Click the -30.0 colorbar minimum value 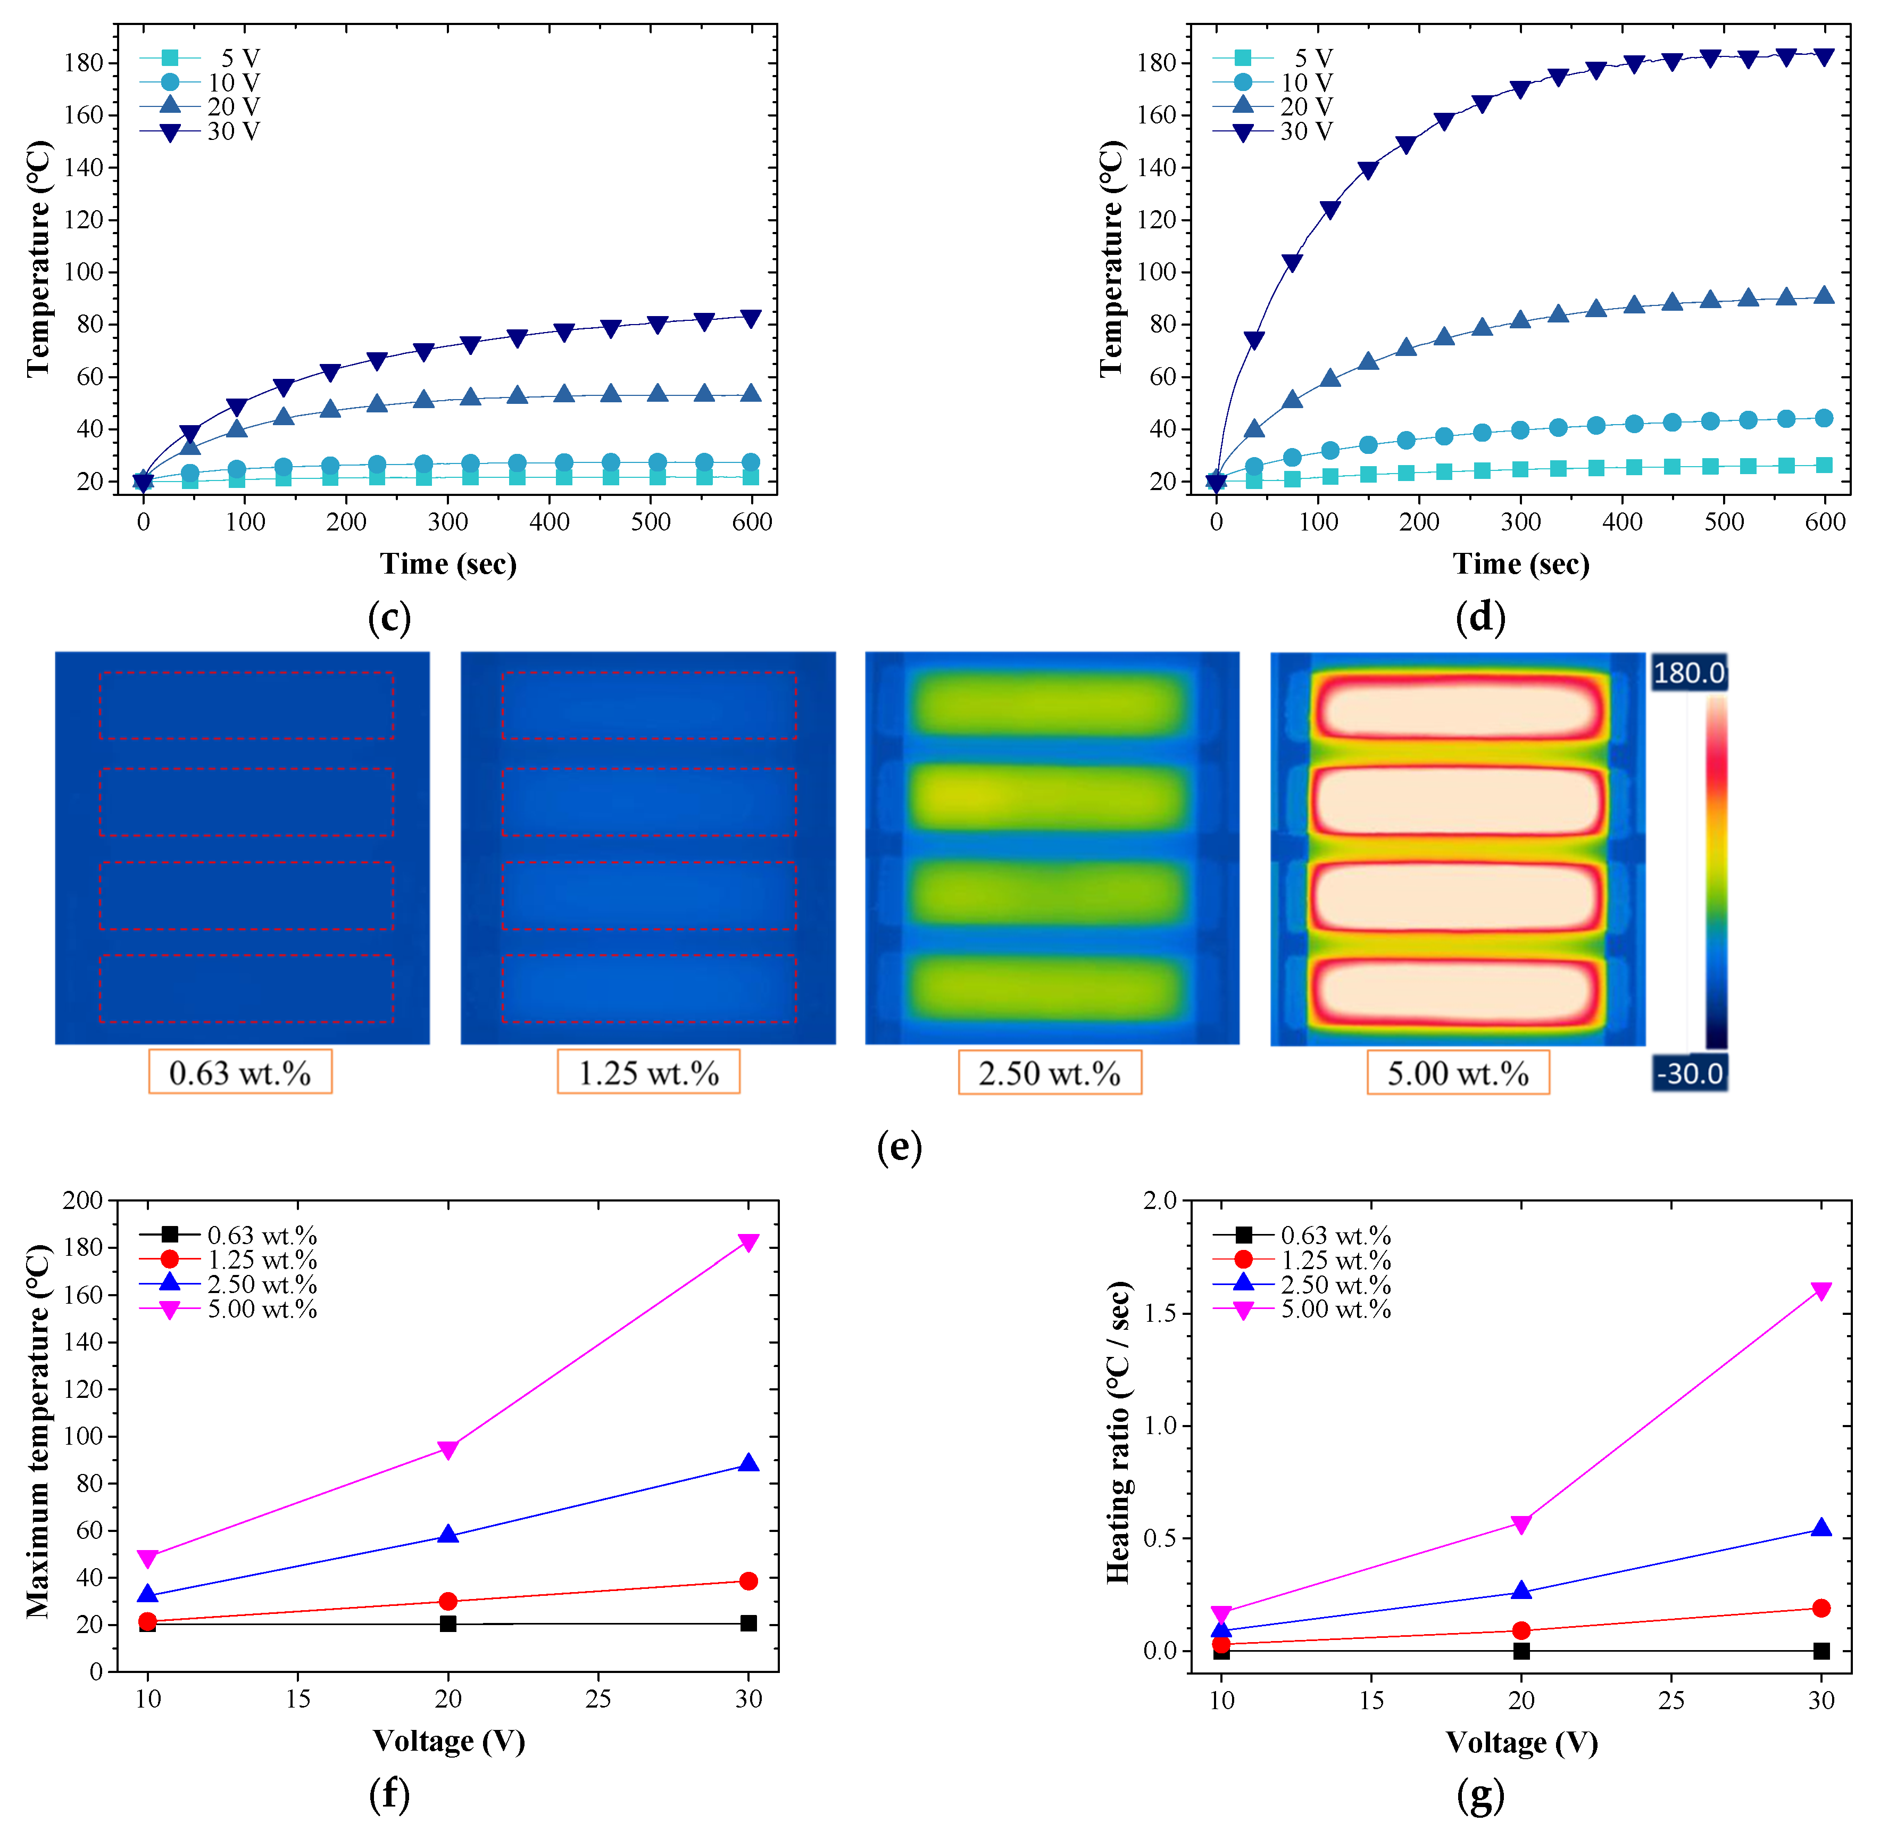pos(1689,1073)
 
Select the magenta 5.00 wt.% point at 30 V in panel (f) pos(748,1242)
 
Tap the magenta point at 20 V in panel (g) pos(1521,1524)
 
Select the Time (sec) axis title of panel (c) pos(448,563)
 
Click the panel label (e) pos(899,1147)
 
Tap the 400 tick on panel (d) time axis pos(1622,521)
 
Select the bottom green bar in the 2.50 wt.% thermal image pos(1051,988)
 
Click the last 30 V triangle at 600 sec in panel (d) pos(1824,57)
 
